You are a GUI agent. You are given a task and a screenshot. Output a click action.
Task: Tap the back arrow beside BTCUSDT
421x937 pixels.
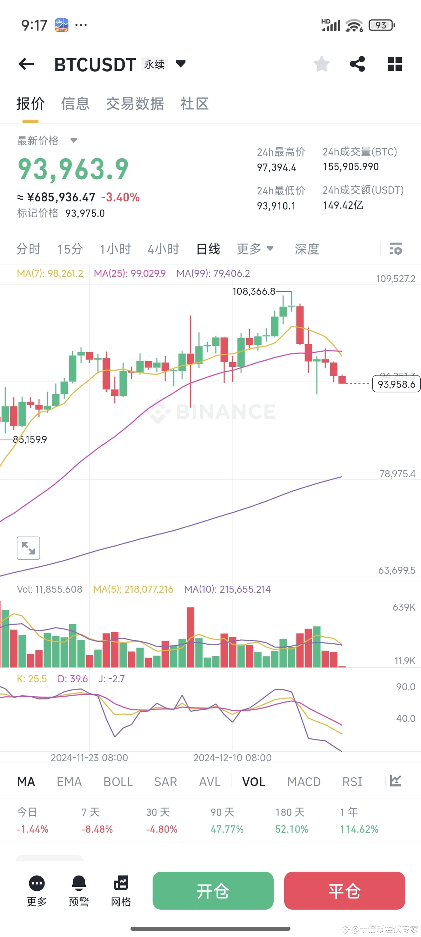(26, 64)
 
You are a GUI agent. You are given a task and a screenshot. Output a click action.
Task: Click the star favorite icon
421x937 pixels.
(321, 64)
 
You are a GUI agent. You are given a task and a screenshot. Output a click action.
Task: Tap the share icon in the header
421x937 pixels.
(357, 64)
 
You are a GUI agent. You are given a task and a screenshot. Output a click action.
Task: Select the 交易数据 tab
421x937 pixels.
(135, 104)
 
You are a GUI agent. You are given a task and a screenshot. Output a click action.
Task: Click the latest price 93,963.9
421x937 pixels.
(73, 169)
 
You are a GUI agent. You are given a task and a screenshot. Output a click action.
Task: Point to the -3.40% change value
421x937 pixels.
(120, 198)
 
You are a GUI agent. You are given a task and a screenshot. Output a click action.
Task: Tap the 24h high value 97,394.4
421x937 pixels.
(277, 167)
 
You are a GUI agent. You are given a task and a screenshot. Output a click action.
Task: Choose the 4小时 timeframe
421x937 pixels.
(163, 249)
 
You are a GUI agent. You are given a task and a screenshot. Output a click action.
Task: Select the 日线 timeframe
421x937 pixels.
(208, 249)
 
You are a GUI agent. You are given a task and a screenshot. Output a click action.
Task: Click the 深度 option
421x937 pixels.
(307, 249)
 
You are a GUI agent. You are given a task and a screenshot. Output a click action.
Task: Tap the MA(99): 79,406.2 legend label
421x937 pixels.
(213, 273)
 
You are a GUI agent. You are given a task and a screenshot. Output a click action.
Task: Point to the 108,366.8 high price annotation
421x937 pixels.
(254, 291)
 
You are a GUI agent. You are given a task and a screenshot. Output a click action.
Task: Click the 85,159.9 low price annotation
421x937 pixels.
(30, 439)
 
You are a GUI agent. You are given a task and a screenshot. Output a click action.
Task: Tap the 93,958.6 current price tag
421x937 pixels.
(396, 384)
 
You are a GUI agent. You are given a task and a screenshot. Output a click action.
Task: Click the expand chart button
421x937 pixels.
(28, 548)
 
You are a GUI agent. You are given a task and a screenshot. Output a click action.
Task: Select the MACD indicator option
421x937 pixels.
(304, 782)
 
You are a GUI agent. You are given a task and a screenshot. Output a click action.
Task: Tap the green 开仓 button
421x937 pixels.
(213, 890)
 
